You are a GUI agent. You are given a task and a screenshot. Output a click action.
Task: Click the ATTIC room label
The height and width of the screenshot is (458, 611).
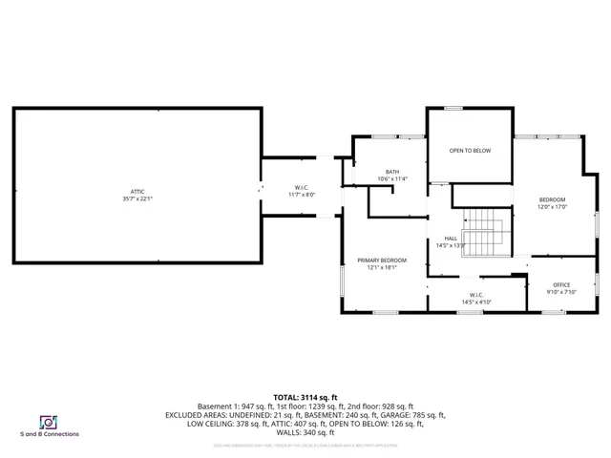pos(137,192)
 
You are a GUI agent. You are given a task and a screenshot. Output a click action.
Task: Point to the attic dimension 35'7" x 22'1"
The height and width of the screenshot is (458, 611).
pos(137,199)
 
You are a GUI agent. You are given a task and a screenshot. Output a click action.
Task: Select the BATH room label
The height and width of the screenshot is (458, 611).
pos(391,172)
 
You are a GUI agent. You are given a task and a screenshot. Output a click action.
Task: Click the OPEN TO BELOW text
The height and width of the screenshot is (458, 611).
pos(470,151)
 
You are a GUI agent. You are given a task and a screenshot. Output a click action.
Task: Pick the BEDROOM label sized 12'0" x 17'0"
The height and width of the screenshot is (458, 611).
pos(552,199)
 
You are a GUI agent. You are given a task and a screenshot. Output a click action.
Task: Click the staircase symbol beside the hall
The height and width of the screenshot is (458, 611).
pos(489,229)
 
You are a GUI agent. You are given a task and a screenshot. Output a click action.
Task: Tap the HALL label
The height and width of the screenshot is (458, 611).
pos(451,239)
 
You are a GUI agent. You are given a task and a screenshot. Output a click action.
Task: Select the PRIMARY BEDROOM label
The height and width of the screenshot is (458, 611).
pos(382,260)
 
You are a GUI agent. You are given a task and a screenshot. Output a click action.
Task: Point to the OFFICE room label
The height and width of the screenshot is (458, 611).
pos(561,285)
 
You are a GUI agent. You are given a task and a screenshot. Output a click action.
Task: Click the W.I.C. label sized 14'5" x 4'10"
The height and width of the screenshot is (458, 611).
pos(476,295)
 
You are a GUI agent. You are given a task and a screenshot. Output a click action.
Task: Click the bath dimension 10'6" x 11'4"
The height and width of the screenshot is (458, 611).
pos(391,178)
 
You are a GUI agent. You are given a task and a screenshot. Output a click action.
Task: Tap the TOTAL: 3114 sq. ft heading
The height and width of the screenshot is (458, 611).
pos(305,396)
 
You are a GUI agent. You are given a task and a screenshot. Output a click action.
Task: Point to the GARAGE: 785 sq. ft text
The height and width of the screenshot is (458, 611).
pos(413,415)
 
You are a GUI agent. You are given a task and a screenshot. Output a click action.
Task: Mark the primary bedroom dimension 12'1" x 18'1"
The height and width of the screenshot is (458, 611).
pos(382,268)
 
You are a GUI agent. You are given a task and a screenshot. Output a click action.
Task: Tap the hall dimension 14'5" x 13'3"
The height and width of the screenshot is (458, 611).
pos(451,245)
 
